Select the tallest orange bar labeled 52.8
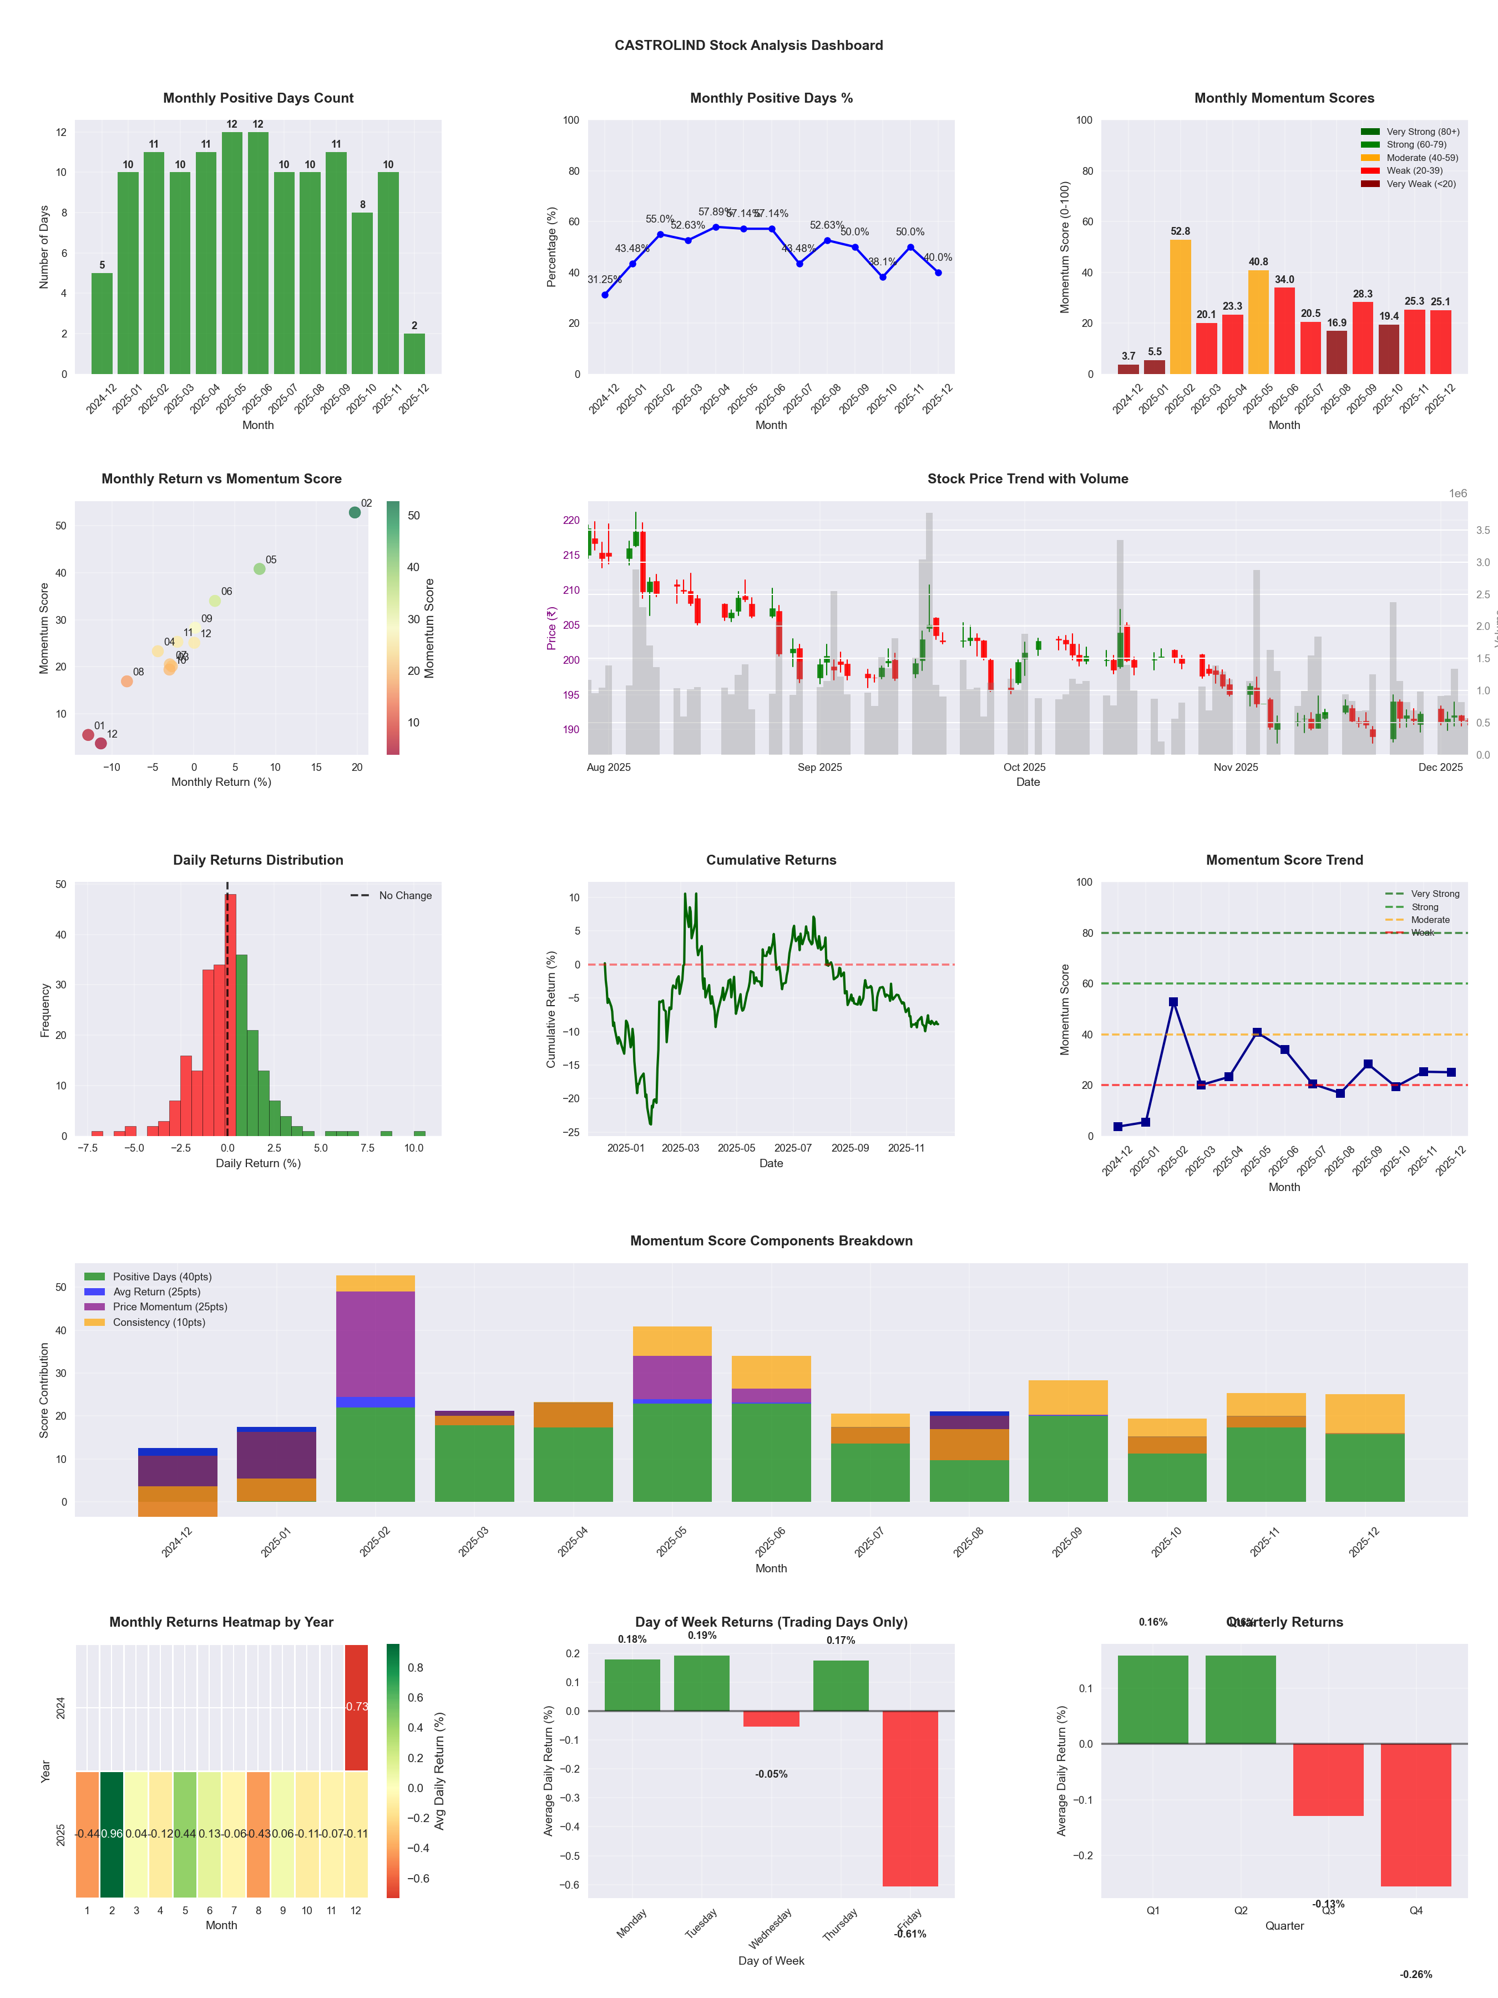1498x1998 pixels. click(1180, 307)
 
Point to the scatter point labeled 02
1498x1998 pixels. click(355, 512)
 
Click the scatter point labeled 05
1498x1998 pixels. click(259, 569)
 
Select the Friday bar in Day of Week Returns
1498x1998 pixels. click(910, 1798)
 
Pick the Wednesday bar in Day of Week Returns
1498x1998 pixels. click(771, 1718)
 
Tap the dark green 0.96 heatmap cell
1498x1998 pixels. click(112, 1834)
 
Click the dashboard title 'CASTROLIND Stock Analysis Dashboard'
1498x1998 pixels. click(748, 45)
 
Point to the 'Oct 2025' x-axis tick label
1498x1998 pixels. click(1024, 768)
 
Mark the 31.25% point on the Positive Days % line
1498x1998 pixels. click(605, 295)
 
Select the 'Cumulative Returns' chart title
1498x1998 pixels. click(771, 860)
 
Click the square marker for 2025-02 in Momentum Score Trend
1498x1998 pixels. click(1173, 1002)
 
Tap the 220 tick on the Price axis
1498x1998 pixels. click(571, 520)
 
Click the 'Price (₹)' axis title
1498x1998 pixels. click(551, 628)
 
